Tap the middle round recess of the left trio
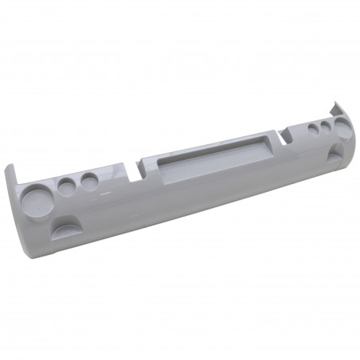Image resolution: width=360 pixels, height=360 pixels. [66, 187]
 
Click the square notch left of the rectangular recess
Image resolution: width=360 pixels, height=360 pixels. [146, 167]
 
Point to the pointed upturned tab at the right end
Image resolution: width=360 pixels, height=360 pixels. [335, 106]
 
